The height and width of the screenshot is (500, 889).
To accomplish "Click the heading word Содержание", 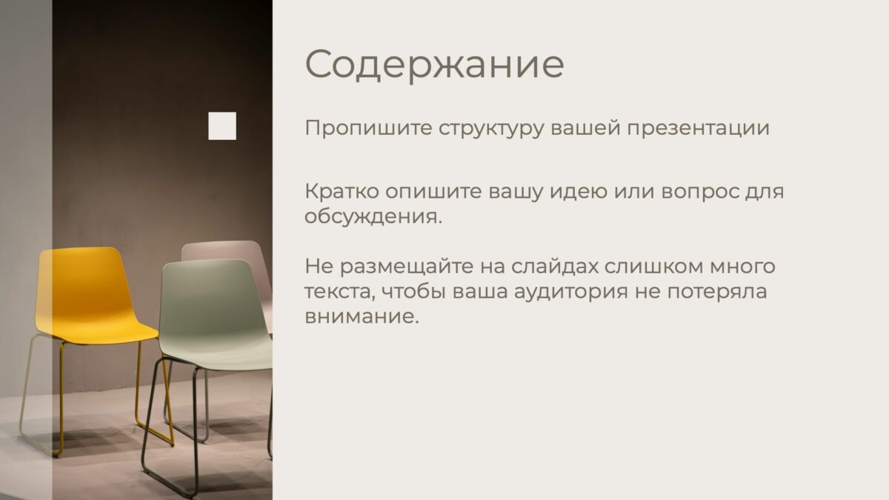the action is point(435,65).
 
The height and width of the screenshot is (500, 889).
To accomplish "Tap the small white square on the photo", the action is point(222,126).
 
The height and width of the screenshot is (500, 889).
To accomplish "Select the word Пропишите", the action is point(368,128).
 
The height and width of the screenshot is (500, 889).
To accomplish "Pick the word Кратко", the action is point(342,191).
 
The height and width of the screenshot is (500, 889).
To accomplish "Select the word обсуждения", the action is point(373,216).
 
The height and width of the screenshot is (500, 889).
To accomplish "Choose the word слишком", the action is point(654,266).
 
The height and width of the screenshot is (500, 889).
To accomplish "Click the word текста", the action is point(340,292).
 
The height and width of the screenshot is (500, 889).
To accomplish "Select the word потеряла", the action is point(717,292).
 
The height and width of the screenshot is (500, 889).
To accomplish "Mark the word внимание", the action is point(362,317).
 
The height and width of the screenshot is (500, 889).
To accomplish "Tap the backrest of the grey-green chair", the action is point(207,293).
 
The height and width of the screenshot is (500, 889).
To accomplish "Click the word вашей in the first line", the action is point(586,128).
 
